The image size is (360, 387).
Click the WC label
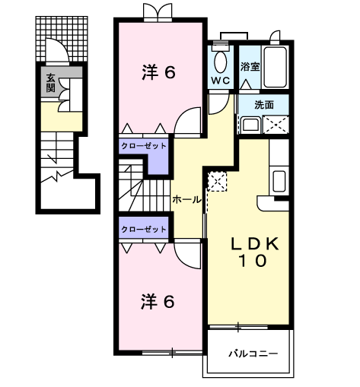coord(221,81)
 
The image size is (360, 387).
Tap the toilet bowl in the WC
coord(221,62)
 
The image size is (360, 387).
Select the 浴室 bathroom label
coord(250,66)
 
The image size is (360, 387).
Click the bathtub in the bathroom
coord(276,67)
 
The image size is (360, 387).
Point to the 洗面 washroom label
coord(264,104)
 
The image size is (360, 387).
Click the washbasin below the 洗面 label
coord(250,125)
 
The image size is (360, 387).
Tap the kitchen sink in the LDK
coord(279,181)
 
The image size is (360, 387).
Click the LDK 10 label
coord(254,252)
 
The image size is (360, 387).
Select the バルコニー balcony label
coord(253,354)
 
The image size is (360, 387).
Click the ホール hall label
coord(186,200)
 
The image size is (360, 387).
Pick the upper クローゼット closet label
coord(144,146)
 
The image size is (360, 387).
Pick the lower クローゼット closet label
coord(144,229)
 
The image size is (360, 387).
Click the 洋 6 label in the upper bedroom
coord(158,72)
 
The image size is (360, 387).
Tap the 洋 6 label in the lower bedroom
coord(158,302)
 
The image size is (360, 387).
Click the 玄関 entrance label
coord(50,83)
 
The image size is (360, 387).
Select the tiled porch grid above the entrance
coord(62,39)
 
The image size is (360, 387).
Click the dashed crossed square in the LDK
coord(217,181)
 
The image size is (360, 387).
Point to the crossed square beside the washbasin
coord(276,125)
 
